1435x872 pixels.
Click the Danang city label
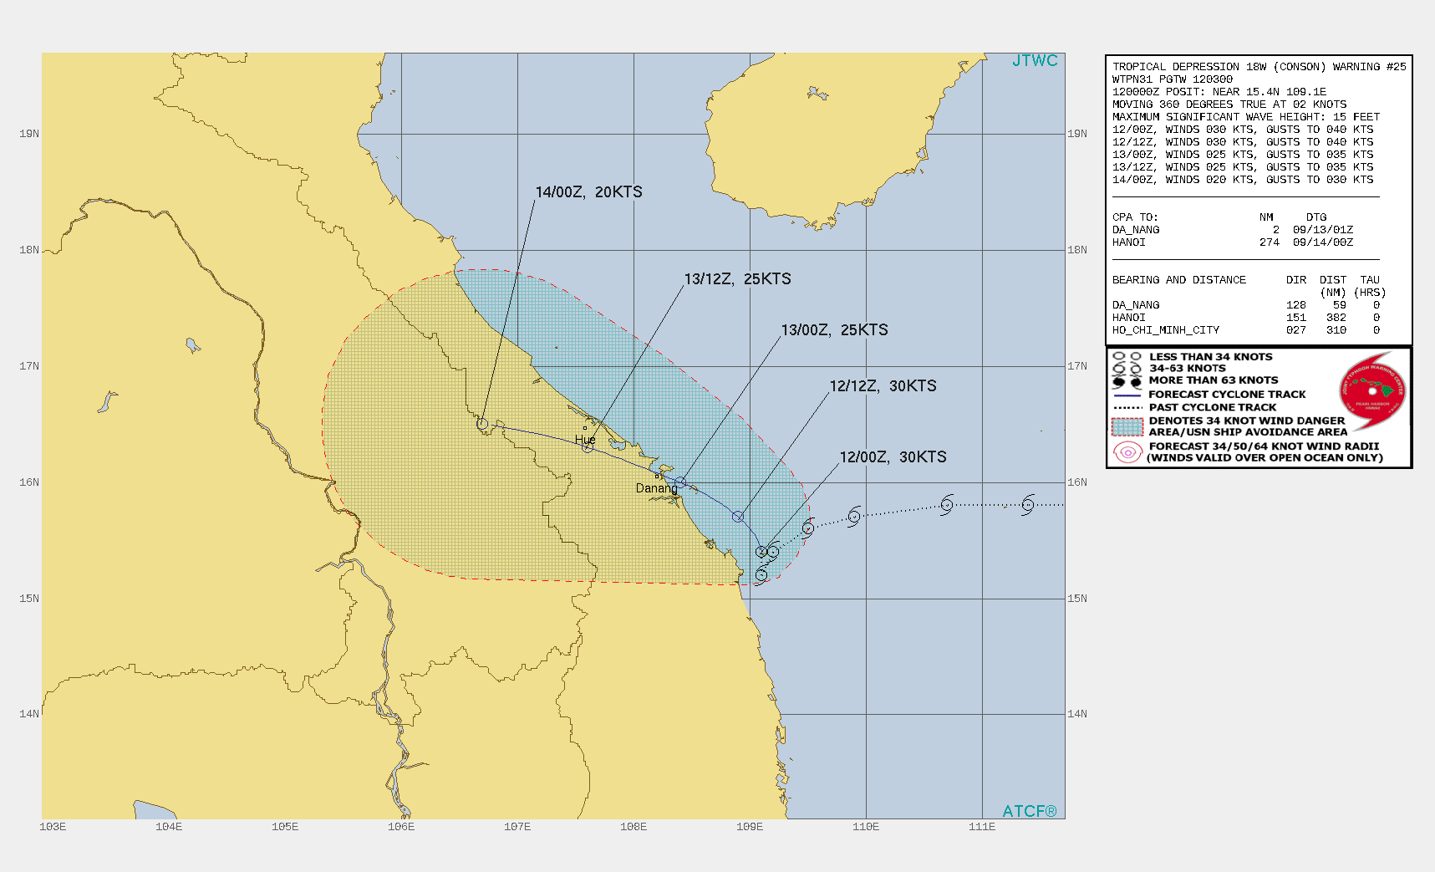[656, 488]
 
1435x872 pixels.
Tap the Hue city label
[585, 440]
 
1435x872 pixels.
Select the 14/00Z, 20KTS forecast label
[588, 192]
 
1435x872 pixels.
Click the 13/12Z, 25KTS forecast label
[737, 279]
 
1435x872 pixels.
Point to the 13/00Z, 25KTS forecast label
[834, 330]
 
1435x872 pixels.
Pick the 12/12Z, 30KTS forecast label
[883, 386]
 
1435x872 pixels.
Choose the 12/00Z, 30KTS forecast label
[893, 457]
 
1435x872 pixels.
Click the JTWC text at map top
[1035, 61]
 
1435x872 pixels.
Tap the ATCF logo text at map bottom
[1029, 811]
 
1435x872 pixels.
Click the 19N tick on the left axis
[29, 134]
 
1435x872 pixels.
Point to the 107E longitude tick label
[517, 827]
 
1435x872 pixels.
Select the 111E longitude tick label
[982, 827]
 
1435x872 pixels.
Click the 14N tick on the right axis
[1077, 714]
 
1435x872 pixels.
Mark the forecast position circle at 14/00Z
[482, 424]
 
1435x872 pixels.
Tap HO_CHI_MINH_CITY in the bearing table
[1165, 330]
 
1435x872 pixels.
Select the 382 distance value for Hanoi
[1336, 318]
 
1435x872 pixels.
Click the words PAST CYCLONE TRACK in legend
[1212, 407]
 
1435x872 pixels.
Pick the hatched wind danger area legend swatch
[1127, 426]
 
